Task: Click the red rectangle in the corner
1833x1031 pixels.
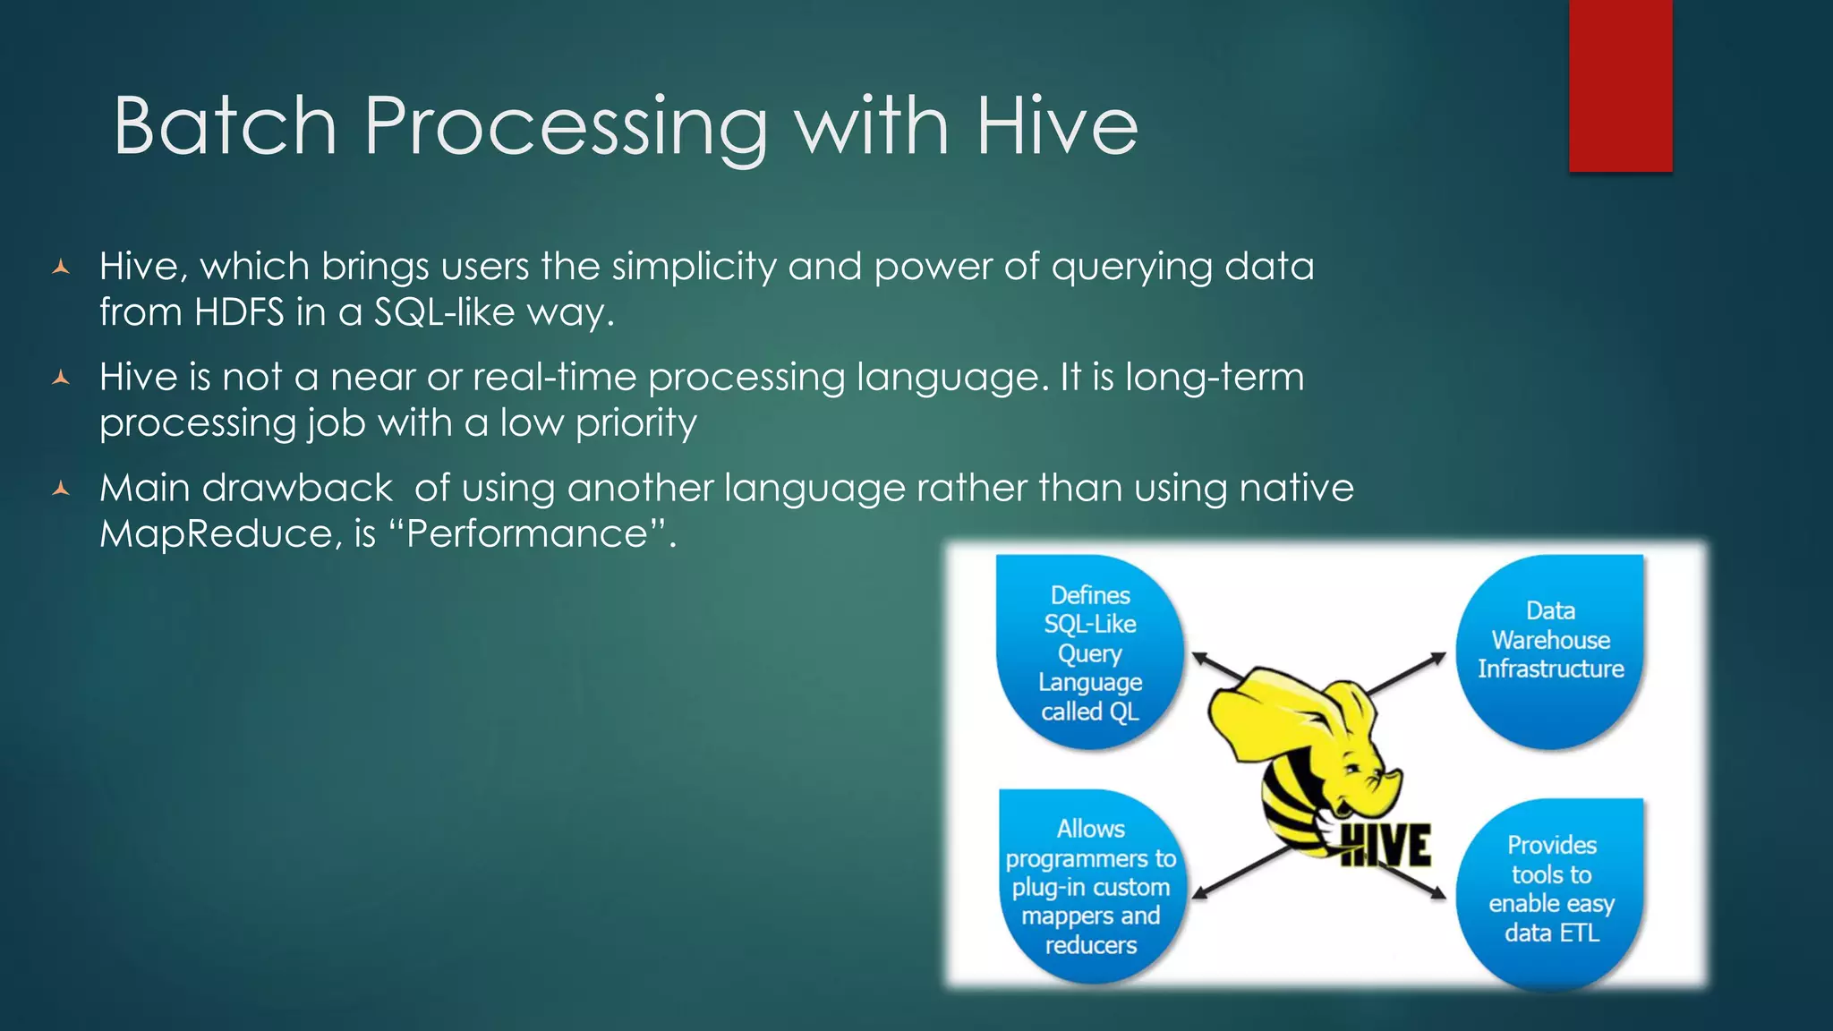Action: pyautogui.click(x=1620, y=85)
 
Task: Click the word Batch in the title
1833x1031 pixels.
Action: pyautogui.click(x=224, y=126)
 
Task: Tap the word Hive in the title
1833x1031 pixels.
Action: pyautogui.click(x=1056, y=126)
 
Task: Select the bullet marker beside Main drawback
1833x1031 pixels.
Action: pyautogui.click(x=61, y=489)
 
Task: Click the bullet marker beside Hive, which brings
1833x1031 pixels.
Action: pyautogui.click(x=61, y=267)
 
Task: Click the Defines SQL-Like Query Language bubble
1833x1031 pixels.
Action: pyautogui.click(x=1090, y=652)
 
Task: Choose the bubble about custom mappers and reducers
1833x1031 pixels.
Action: pyautogui.click(x=1090, y=886)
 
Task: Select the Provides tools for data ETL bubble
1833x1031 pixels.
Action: pyautogui.click(x=1551, y=890)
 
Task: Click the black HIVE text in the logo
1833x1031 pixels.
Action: pyautogui.click(x=1387, y=846)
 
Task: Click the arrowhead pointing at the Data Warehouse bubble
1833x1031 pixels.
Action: pyautogui.click(x=1437, y=659)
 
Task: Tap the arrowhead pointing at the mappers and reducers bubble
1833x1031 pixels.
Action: pyautogui.click(x=1202, y=891)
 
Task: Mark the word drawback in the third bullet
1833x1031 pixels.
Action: pyautogui.click(x=297, y=489)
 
